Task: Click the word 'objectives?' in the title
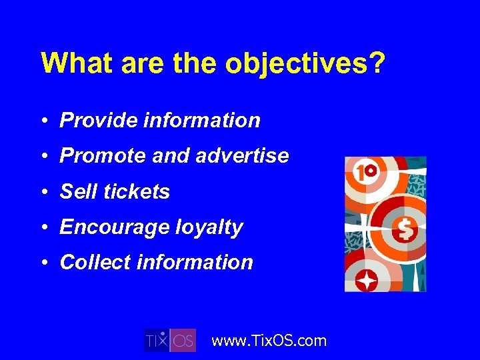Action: coord(305,63)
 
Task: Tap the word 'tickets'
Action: coord(137,192)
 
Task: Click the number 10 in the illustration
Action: coord(363,174)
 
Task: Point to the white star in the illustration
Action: coord(366,281)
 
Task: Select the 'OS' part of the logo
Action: coord(183,341)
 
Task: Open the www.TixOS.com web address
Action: coord(269,341)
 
